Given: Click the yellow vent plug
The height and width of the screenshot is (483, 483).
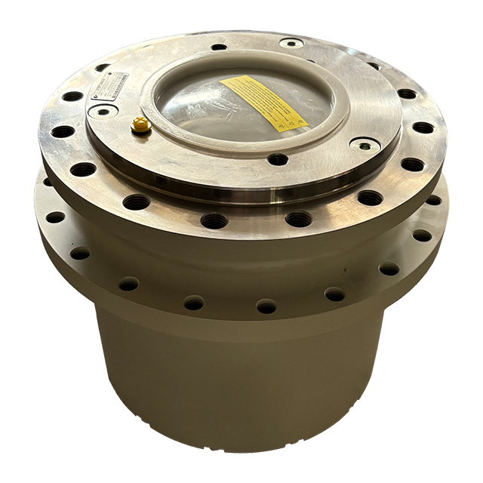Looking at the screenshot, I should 140,125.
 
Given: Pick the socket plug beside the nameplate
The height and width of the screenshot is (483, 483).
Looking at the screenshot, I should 100,111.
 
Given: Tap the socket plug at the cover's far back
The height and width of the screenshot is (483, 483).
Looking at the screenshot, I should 291,43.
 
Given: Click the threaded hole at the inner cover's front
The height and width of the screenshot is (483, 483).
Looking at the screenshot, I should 278,159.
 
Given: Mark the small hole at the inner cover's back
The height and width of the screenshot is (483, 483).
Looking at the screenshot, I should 219,47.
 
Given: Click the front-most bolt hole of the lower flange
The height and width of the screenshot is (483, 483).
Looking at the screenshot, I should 266,306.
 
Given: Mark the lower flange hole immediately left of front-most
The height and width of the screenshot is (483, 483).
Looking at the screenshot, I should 194,303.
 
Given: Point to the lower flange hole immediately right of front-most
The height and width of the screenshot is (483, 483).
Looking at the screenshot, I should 334,294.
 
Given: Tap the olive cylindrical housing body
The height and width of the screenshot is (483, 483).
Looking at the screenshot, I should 241,377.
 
